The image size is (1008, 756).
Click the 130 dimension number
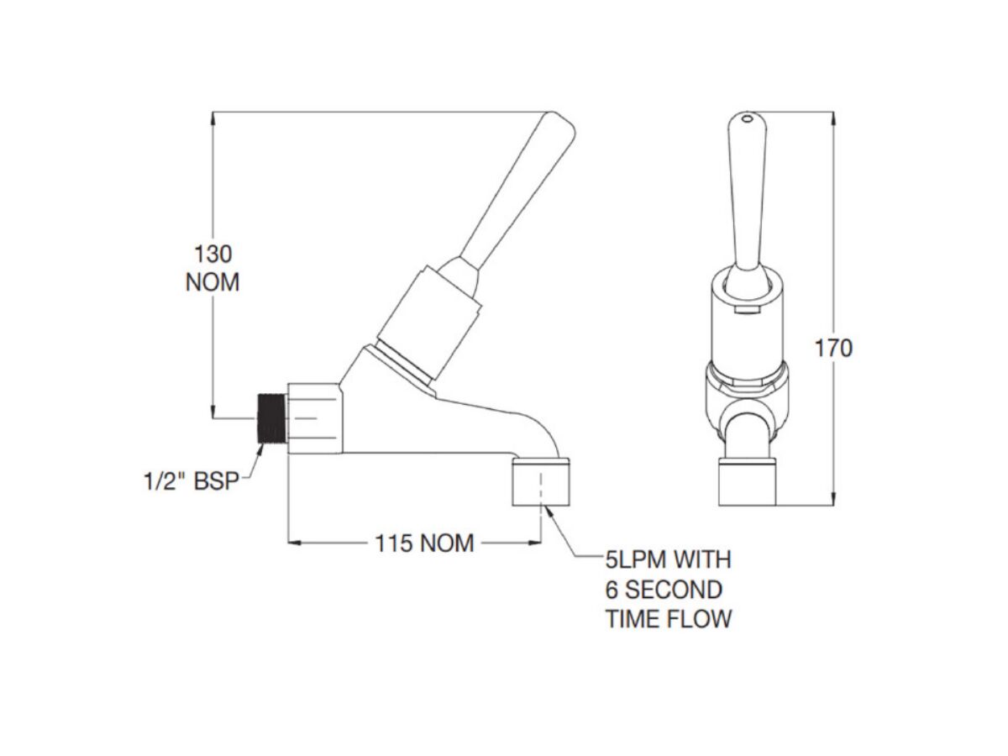click(x=213, y=254)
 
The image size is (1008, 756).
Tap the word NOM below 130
click(x=213, y=283)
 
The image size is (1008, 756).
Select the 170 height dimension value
click(x=833, y=348)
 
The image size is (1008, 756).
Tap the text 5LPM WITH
click(x=669, y=559)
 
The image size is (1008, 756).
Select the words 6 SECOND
click(x=664, y=589)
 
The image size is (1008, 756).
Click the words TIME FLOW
click(x=669, y=619)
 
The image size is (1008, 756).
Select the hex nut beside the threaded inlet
click(x=314, y=417)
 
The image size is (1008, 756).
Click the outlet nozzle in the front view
click(x=748, y=483)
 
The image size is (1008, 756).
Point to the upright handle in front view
click(x=747, y=193)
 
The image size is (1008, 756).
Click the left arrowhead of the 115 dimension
click(x=295, y=543)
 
